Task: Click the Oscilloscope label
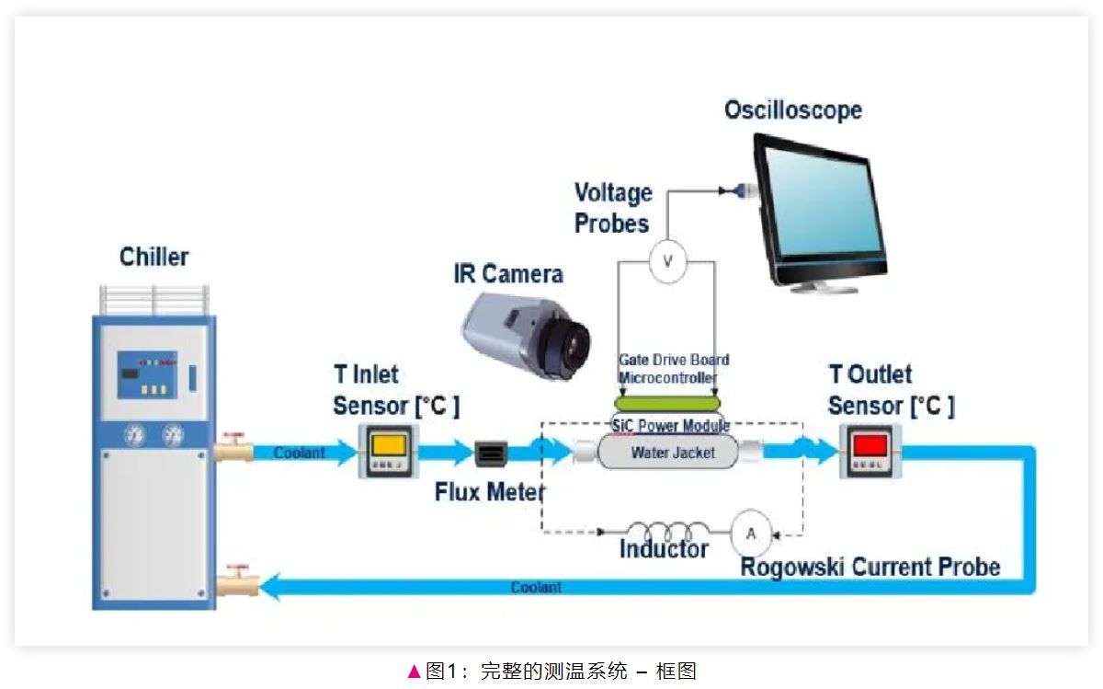click(x=792, y=110)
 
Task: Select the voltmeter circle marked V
click(x=668, y=263)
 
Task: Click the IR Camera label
click(x=507, y=273)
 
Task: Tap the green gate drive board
click(x=668, y=402)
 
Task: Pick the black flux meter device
click(x=492, y=454)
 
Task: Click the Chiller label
click(x=154, y=256)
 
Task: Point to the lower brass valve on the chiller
click(x=237, y=582)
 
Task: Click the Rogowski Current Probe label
click(x=870, y=566)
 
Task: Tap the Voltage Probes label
click(x=613, y=208)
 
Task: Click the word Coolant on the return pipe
click(x=536, y=587)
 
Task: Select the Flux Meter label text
click(x=489, y=492)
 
